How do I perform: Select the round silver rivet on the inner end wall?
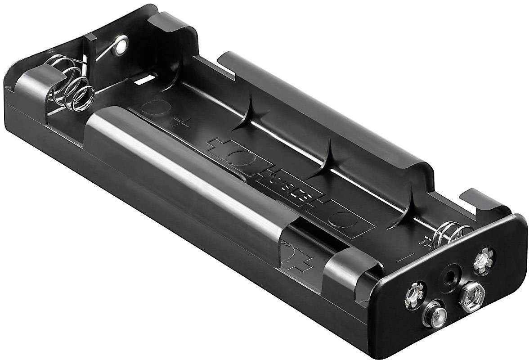click(x=120, y=45)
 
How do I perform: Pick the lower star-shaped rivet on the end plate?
click(x=415, y=295)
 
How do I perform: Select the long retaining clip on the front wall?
click(x=189, y=171)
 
